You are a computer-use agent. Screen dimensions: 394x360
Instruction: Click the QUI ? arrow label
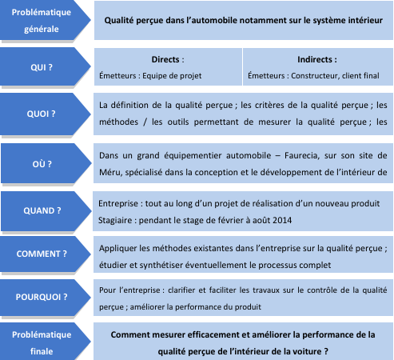click(x=42, y=67)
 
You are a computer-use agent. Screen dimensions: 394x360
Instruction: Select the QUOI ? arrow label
click(x=42, y=114)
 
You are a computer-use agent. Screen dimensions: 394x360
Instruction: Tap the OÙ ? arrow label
click(x=42, y=164)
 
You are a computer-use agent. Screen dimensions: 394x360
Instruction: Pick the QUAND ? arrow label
click(x=42, y=210)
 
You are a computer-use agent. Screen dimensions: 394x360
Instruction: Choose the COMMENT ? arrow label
click(x=42, y=254)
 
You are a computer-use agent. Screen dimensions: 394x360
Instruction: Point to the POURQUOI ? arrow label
click(x=42, y=297)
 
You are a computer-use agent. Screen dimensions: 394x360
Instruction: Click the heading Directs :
click(x=168, y=59)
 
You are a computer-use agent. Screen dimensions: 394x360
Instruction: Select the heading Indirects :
click(x=317, y=59)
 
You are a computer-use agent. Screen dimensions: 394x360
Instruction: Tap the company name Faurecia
click(x=301, y=155)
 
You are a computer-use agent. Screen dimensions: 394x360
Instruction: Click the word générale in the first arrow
click(x=42, y=30)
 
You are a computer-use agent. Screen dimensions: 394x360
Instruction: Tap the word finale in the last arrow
click(x=42, y=351)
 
